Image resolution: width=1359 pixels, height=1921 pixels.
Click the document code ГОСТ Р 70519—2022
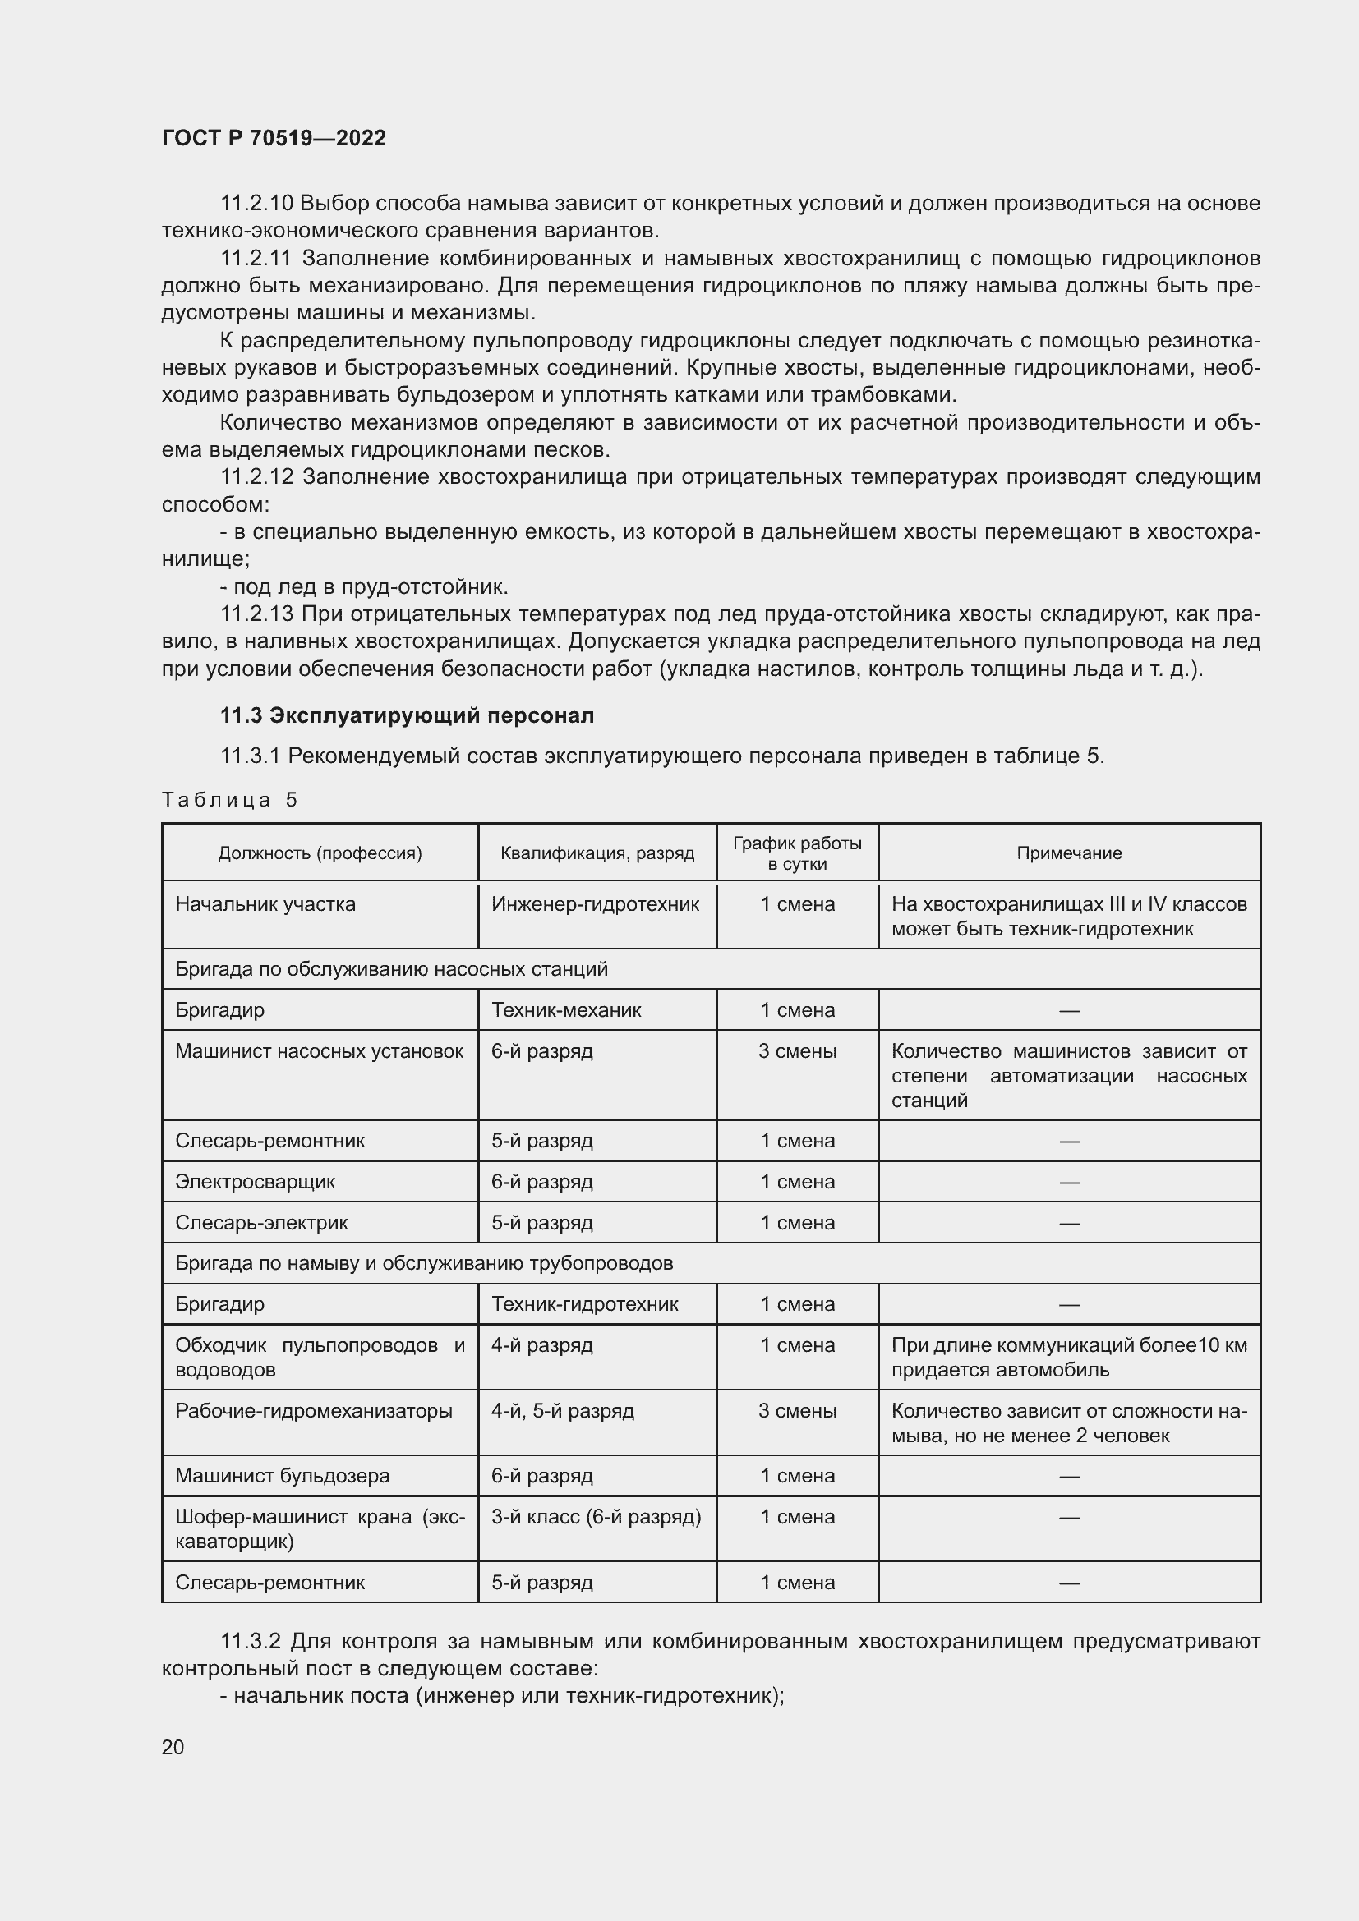pyautogui.click(x=274, y=138)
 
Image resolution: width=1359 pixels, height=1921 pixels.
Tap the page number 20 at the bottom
pyautogui.click(x=173, y=1747)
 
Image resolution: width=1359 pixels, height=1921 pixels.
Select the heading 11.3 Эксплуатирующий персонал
pyautogui.click(x=407, y=715)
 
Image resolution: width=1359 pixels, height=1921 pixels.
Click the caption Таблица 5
pyautogui.click(x=229, y=800)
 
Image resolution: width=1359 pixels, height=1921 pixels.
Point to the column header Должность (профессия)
pyautogui.click(x=320, y=853)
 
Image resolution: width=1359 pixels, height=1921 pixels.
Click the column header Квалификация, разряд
pyautogui.click(x=597, y=853)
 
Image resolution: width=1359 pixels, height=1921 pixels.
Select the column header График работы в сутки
pyautogui.click(x=797, y=853)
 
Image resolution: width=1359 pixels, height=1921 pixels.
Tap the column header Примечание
pyautogui.click(x=1069, y=853)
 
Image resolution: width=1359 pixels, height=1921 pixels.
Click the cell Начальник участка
pyautogui.click(x=265, y=904)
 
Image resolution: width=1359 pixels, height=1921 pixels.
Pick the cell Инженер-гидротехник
pyautogui.click(x=595, y=904)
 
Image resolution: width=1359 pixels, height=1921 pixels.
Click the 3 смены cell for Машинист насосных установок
pyautogui.click(x=797, y=1052)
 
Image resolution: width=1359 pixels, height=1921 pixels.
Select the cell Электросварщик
pyautogui.click(x=256, y=1182)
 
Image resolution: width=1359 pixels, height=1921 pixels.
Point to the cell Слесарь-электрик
pyautogui.click(x=261, y=1223)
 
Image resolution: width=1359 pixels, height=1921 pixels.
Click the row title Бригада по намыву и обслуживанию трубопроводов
pyautogui.click(x=423, y=1263)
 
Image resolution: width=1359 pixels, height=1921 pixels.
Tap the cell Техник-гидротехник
pyautogui.click(x=584, y=1304)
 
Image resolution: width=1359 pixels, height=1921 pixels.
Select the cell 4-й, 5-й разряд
pyautogui.click(x=562, y=1412)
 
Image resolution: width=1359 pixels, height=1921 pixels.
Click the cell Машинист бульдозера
pyautogui.click(x=282, y=1476)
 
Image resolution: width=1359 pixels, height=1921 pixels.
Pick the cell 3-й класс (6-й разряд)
pyautogui.click(x=596, y=1517)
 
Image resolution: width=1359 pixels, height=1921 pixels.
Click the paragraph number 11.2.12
pyautogui.click(x=257, y=478)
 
